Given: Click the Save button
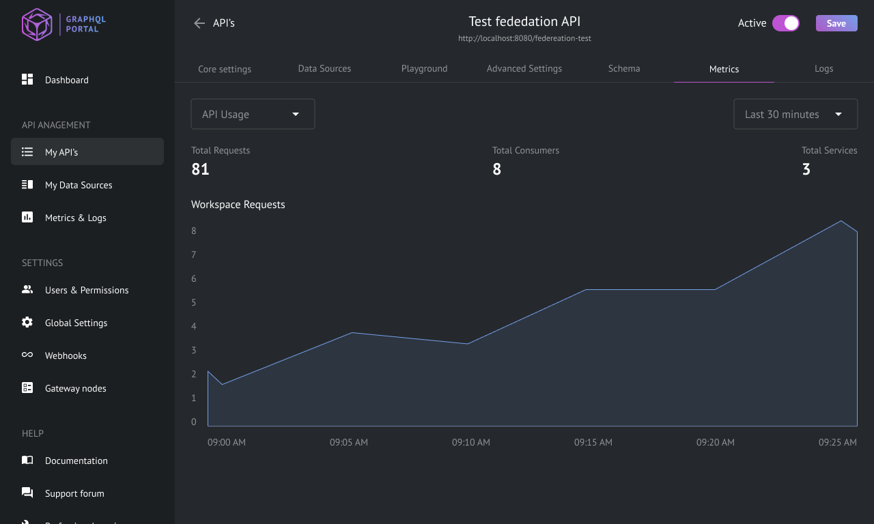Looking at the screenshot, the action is point(836,23).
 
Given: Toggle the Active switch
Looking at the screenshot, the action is point(785,23).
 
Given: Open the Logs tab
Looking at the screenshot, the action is point(823,69).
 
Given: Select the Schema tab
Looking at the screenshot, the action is point(624,69).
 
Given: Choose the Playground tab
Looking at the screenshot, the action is point(424,69).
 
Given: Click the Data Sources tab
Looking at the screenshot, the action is point(324,69).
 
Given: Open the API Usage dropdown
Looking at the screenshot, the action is point(253,114).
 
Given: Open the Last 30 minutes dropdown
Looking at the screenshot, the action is point(795,114).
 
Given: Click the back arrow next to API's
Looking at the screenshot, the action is point(199,23).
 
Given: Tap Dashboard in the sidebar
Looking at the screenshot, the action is point(67,80).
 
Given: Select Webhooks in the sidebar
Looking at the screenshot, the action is point(66,355).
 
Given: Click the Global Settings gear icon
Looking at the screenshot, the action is point(27,323).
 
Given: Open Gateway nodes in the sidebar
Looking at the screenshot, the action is point(75,388).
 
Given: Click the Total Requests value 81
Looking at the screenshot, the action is point(200,169).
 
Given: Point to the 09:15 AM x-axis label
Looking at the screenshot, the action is point(593,442).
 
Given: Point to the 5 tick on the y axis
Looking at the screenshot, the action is point(193,302).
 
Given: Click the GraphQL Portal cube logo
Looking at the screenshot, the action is point(37,24).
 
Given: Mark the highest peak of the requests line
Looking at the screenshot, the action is point(841,221).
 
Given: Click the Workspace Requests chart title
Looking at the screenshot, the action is point(238,205).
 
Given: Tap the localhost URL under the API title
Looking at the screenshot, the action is point(524,38).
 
